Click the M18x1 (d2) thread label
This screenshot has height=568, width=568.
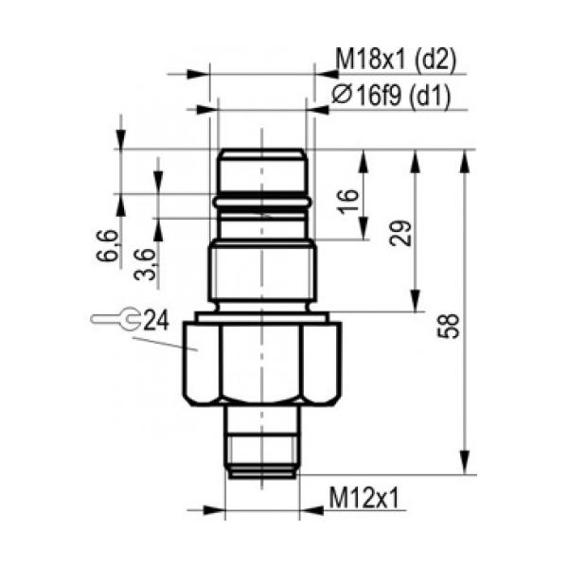click(x=397, y=60)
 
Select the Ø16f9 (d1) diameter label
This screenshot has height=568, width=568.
click(x=391, y=96)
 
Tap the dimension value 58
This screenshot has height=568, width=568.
click(x=449, y=326)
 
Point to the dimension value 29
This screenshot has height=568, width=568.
click(x=400, y=233)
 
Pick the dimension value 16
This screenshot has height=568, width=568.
click(x=348, y=201)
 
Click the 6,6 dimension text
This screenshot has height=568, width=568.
click(x=108, y=245)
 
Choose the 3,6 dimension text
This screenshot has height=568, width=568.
click(x=145, y=264)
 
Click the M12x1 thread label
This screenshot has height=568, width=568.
click(x=364, y=498)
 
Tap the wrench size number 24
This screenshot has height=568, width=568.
click(x=156, y=320)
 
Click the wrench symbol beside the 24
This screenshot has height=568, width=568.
click(x=115, y=319)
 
